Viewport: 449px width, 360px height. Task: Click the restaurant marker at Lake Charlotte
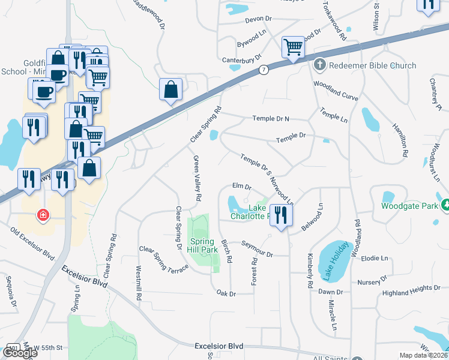pyautogui.click(x=280, y=215)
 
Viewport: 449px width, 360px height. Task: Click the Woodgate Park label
pyautogui.click(x=411, y=206)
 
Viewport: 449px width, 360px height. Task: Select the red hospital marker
pyautogui.click(x=43, y=214)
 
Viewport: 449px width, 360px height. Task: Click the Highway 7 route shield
pyautogui.click(x=264, y=70)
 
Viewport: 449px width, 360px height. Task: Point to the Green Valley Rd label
pyautogui.click(x=196, y=178)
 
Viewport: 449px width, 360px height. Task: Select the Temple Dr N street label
pyautogui.click(x=270, y=119)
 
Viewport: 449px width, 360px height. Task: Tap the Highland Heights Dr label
pyautogui.click(x=411, y=290)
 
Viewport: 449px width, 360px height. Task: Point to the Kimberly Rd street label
pyautogui.click(x=310, y=269)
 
